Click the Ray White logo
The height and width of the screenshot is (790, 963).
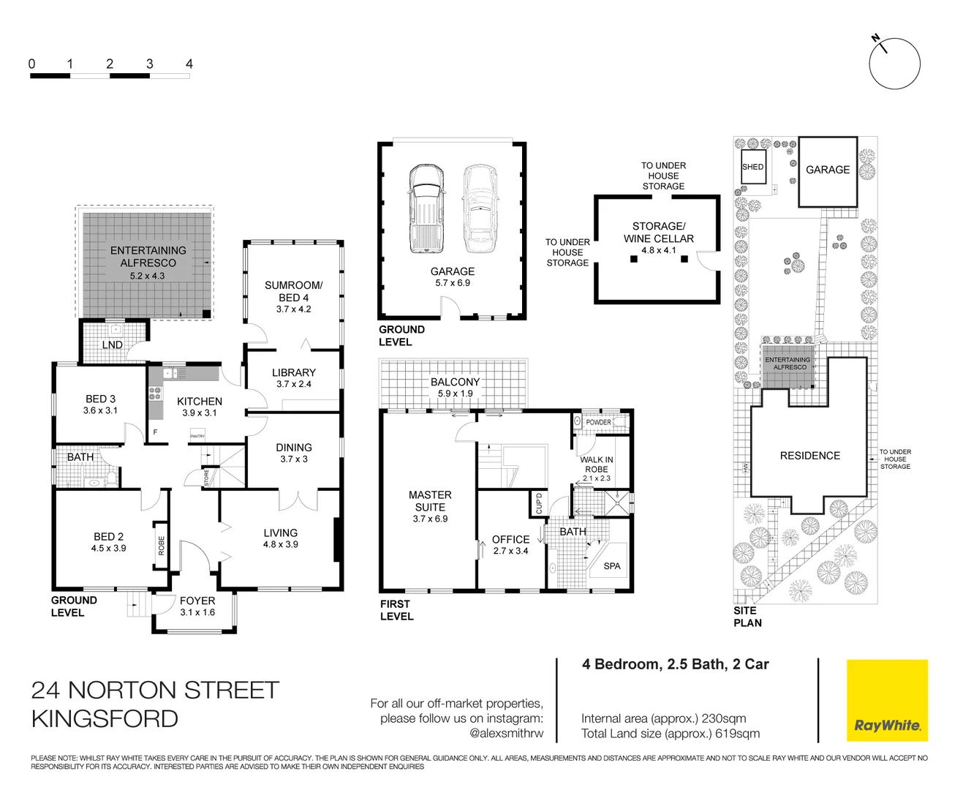[x=887, y=701]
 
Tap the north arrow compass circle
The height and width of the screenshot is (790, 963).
[x=894, y=64]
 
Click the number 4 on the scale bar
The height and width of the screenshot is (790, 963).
[x=189, y=64]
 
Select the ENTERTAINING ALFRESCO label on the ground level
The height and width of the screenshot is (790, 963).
[x=148, y=256]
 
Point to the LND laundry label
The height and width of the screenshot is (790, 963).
[x=112, y=345]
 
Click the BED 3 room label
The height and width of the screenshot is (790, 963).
[x=100, y=399]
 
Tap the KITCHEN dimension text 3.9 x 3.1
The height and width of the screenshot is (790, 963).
[x=199, y=413]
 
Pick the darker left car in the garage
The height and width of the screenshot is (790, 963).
[x=426, y=208]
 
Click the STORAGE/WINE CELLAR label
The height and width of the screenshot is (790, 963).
[x=658, y=232]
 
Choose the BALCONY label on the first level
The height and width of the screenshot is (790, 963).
[x=455, y=382]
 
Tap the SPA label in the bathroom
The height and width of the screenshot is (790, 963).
[x=612, y=565]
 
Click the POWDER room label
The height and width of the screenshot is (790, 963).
[x=598, y=422]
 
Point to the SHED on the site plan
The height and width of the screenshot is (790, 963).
[x=752, y=167]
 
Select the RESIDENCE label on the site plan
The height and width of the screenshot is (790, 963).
[x=809, y=455]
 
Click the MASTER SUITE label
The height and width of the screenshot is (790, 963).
[x=430, y=501]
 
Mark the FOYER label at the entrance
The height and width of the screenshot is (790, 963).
[x=197, y=601]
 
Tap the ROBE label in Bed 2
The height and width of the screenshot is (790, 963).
[x=161, y=546]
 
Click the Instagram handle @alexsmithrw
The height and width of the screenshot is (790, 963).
[x=506, y=733]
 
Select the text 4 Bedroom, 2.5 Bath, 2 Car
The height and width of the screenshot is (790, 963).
[x=675, y=664]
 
